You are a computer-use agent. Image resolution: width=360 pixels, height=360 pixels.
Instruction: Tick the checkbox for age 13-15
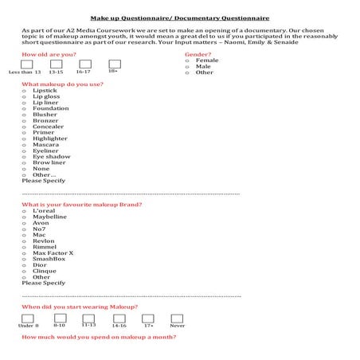click(x=56, y=64)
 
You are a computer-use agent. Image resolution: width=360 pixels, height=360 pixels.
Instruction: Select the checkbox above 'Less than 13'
click(x=27, y=64)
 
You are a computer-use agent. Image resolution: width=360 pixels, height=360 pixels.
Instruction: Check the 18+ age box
click(x=114, y=63)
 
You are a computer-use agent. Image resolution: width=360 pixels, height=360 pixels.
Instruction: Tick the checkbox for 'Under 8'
click(x=27, y=319)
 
